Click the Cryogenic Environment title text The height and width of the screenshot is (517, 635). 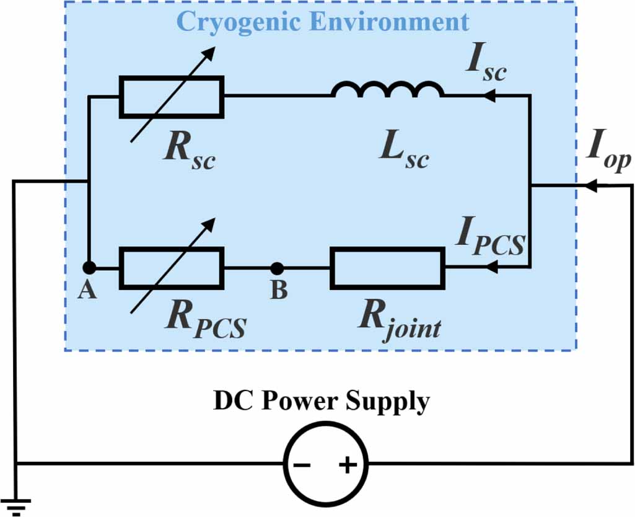(322, 22)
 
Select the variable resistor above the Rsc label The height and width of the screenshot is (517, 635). (172, 96)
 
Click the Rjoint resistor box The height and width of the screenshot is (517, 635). (387, 268)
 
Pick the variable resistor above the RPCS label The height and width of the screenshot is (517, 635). (172, 268)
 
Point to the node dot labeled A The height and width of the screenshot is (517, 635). (89, 268)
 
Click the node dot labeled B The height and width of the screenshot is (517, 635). (278, 268)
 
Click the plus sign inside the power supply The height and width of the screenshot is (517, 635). (348, 464)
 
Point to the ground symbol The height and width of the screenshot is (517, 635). (15, 507)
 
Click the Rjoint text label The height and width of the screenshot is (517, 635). (399, 323)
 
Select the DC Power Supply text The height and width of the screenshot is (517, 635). (321, 402)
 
